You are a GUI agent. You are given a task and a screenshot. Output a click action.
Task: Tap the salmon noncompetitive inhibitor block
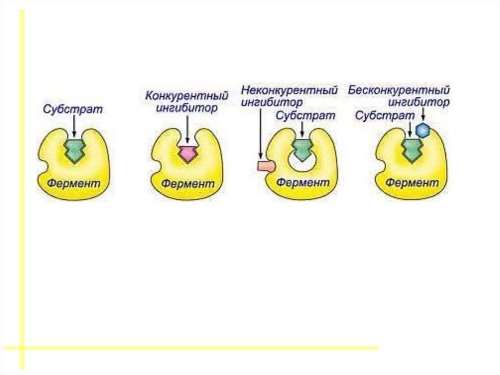coord(266,166)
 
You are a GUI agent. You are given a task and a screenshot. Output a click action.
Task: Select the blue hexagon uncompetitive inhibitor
coord(422,130)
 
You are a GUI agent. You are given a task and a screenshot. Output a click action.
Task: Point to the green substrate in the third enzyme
coord(301,150)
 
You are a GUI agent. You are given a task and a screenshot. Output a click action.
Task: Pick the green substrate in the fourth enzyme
coord(411,150)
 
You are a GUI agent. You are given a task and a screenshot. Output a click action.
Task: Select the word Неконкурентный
coord(290,91)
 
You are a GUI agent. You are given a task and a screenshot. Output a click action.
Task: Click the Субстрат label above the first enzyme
coord(73,109)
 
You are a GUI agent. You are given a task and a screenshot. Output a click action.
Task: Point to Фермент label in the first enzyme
coord(74,184)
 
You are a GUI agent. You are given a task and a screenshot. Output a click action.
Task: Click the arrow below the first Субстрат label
coord(73,126)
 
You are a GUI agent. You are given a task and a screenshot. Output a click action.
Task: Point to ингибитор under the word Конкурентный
coord(187,109)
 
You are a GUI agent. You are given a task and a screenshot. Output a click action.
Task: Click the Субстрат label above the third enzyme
coord(305,115)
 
